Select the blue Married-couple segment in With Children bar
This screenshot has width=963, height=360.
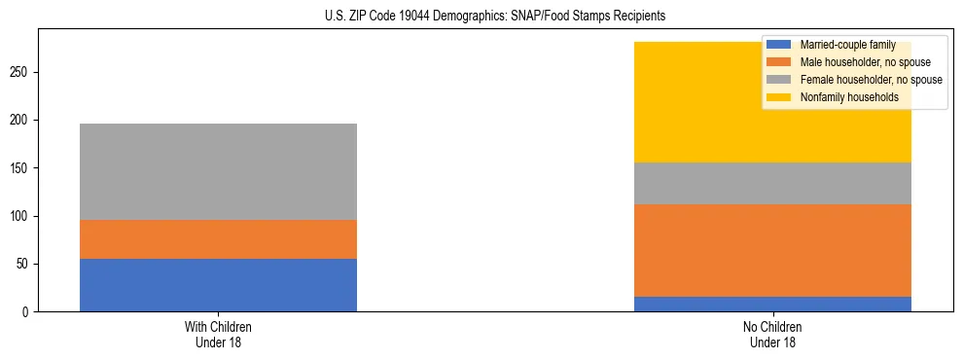click(x=218, y=285)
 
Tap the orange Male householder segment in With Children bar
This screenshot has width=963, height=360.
click(x=218, y=239)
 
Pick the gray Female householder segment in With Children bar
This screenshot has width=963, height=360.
click(x=218, y=171)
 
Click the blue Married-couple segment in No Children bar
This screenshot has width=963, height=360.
click(x=772, y=304)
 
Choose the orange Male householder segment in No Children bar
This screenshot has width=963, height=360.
click(x=772, y=250)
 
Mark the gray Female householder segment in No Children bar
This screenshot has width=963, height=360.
click(x=772, y=183)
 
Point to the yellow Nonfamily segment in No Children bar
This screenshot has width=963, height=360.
click(x=681, y=102)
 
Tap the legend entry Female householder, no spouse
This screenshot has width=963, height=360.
click(x=869, y=80)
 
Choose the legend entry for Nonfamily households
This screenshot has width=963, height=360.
click(x=848, y=97)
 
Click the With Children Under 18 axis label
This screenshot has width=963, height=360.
click(x=218, y=334)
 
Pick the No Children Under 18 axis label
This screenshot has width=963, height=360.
click(x=772, y=334)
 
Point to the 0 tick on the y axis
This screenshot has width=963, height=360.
click(x=26, y=312)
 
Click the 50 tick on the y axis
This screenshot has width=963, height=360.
click(x=23, y=265)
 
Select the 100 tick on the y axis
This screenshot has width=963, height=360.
click(x=20, y=217)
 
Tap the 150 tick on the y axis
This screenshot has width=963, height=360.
click(x=20, y=168)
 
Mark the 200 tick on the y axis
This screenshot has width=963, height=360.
click(x=20, y=121)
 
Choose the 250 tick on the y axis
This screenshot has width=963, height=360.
click(x=20, y=73)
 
